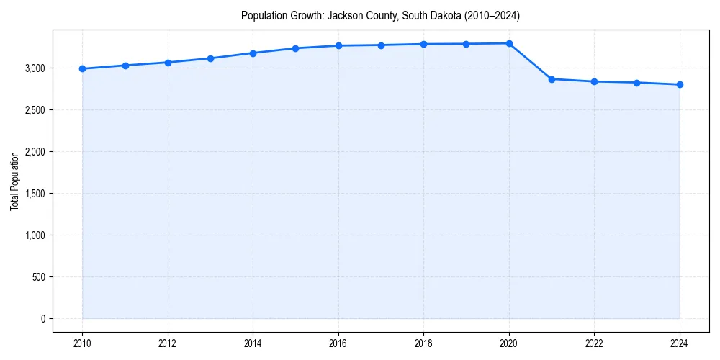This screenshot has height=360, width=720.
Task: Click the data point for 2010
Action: pos(83,68)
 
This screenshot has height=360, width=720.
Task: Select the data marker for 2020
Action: pos(509,43)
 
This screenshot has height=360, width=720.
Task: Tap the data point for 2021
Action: pos(552,79)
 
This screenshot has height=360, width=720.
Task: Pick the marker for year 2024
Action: pos(680,84)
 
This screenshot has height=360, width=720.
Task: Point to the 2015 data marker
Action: pos(296,48)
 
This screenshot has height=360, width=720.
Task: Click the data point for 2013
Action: pos(210,58)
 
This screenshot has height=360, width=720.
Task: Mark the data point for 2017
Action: pos(381,45)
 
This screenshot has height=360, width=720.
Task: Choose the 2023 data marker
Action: pos(637,83)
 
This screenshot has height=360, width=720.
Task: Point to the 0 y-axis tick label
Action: pos(43,319)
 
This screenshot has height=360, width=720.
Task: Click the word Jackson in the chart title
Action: pos(343,15)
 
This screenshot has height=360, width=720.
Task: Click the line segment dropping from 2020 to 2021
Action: pos(531,61)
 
